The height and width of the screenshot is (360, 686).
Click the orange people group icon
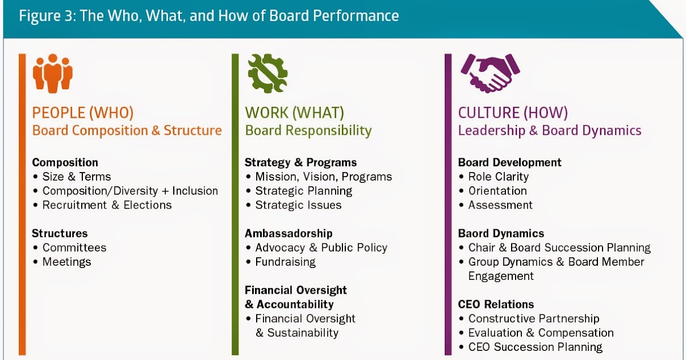53,73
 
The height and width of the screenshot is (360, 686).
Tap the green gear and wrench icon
267,73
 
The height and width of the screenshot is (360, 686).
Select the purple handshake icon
490,73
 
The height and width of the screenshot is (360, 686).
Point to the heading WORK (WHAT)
294,113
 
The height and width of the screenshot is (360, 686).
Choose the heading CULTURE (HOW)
513,113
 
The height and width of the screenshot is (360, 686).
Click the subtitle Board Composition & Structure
127,130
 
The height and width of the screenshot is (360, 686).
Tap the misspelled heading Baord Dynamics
501,233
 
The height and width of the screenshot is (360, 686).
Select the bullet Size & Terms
77,177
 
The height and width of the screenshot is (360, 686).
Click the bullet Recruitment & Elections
107,205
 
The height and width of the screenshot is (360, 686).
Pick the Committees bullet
74,247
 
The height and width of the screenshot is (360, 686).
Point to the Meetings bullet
67,262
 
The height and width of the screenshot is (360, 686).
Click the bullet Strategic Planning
304,191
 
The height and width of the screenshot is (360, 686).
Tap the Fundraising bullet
285,262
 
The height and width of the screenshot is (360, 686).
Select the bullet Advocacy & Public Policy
321,247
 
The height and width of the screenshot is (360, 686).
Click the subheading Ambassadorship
289,233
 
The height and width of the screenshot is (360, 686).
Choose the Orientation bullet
497,191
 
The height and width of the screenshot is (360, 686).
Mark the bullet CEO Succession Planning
535,347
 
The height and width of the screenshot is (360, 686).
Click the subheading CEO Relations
496,304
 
